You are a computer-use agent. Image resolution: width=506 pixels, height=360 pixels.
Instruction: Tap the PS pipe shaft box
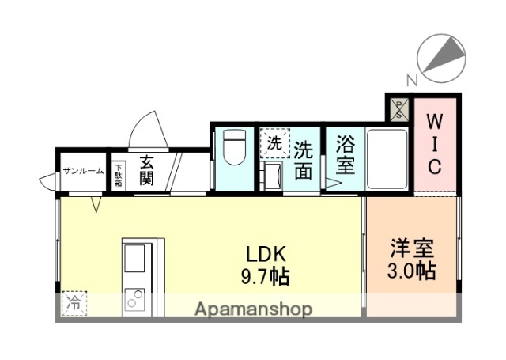pyautogui.click(x=398, y=109)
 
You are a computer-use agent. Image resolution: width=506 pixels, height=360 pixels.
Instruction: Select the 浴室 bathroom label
pyautogui.click(x=345, y=156)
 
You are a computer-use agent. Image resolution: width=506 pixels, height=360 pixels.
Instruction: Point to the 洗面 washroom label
pyautogui.click(x=304, y=161)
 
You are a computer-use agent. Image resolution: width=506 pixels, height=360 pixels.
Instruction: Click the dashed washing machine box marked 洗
pyautogui.click(x=274, y=143)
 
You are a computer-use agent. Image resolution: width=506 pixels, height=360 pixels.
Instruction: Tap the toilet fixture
pyautogui.click(x=234, y=148)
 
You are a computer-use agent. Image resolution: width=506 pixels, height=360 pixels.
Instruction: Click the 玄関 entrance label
pyautogui.click(x=146, y=169)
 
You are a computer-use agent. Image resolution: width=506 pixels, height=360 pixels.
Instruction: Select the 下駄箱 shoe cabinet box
pyautogui.click(x=118, y=173)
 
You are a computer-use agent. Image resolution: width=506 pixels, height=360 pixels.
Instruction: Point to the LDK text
pyautogui.click(x=259, y=255)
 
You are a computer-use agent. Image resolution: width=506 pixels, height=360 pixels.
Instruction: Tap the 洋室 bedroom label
pyautogui.click(x=411, y=247)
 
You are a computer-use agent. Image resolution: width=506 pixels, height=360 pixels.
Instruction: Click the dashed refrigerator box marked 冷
pyautogui.click(x=74, y=302)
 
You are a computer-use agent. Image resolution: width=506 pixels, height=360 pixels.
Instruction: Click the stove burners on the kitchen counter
pyautogui.click(x=134, y=300)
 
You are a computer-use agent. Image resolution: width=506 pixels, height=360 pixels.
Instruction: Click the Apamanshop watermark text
pyautogui.click(x=252, y=308)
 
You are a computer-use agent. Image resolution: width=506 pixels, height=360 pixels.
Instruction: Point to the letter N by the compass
pyautogui.click(x=410, y=78)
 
